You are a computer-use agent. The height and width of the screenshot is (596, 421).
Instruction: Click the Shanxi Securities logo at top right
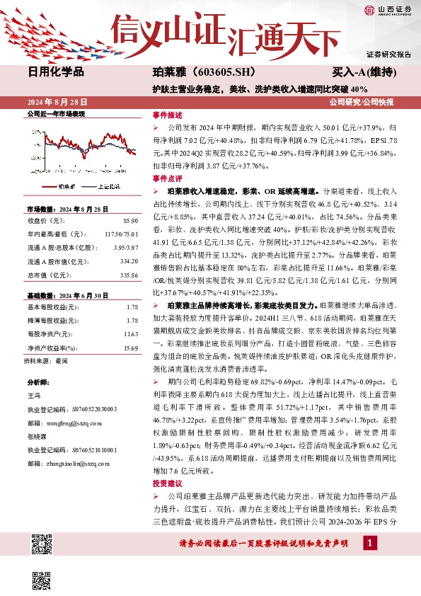point(388,9)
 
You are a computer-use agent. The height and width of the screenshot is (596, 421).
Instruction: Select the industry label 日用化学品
point(56,71)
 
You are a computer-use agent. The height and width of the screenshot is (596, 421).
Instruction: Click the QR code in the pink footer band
point(43,545)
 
